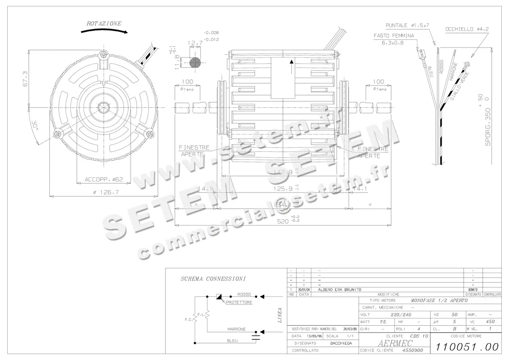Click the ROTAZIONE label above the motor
pos(103,24)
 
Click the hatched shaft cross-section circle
pos(194,61)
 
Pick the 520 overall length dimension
pos(278,221)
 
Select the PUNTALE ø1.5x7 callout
pos(407,25)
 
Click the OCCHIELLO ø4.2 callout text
pos(467,29)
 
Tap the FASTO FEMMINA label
pos(394,36)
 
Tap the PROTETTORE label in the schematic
pos(239,303)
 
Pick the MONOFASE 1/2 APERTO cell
pos(439,300)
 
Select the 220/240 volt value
pos(401,315)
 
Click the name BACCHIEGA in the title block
pos(341,343)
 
